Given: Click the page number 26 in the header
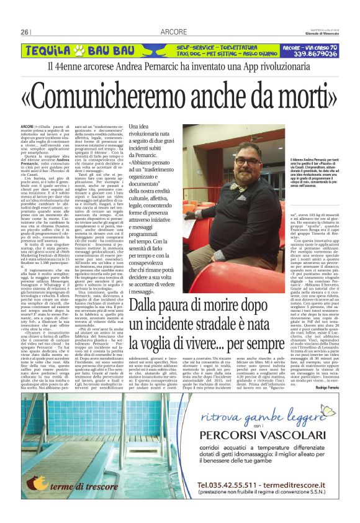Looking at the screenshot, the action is tap(25, 32).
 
